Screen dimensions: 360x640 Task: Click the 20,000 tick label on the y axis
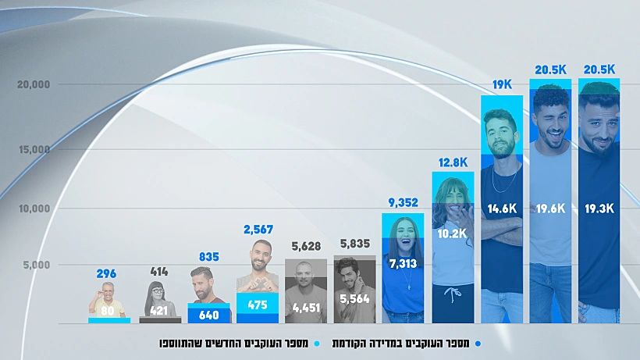(x=34, y=84)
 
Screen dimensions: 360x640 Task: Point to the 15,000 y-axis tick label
(x=34, y=149)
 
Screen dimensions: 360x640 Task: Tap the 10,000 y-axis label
(x=34, y=209)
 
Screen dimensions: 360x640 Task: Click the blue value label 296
(x=107, y=274)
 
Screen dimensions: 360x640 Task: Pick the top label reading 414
(x=159, y=272)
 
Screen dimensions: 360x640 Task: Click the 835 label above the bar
(x=209, y=258)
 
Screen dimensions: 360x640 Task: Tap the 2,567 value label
(x=258, y=230)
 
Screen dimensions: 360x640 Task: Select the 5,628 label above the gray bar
(x=306, y=247)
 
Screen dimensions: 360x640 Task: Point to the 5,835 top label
(x=355, y=244)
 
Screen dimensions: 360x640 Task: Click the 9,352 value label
(x=403, y=202)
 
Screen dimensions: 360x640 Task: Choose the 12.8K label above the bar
(x=453, y=162)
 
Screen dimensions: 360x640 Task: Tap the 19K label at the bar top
(x=502, y=84)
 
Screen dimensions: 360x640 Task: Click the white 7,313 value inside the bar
(x=404, y=264)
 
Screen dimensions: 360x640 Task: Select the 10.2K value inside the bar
(x=453, y=232)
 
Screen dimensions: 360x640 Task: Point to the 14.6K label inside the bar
(x=502, y=209)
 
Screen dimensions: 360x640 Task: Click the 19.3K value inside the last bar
(x=599, y=209)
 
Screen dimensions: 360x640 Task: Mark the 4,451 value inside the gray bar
(x=306, y=308)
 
